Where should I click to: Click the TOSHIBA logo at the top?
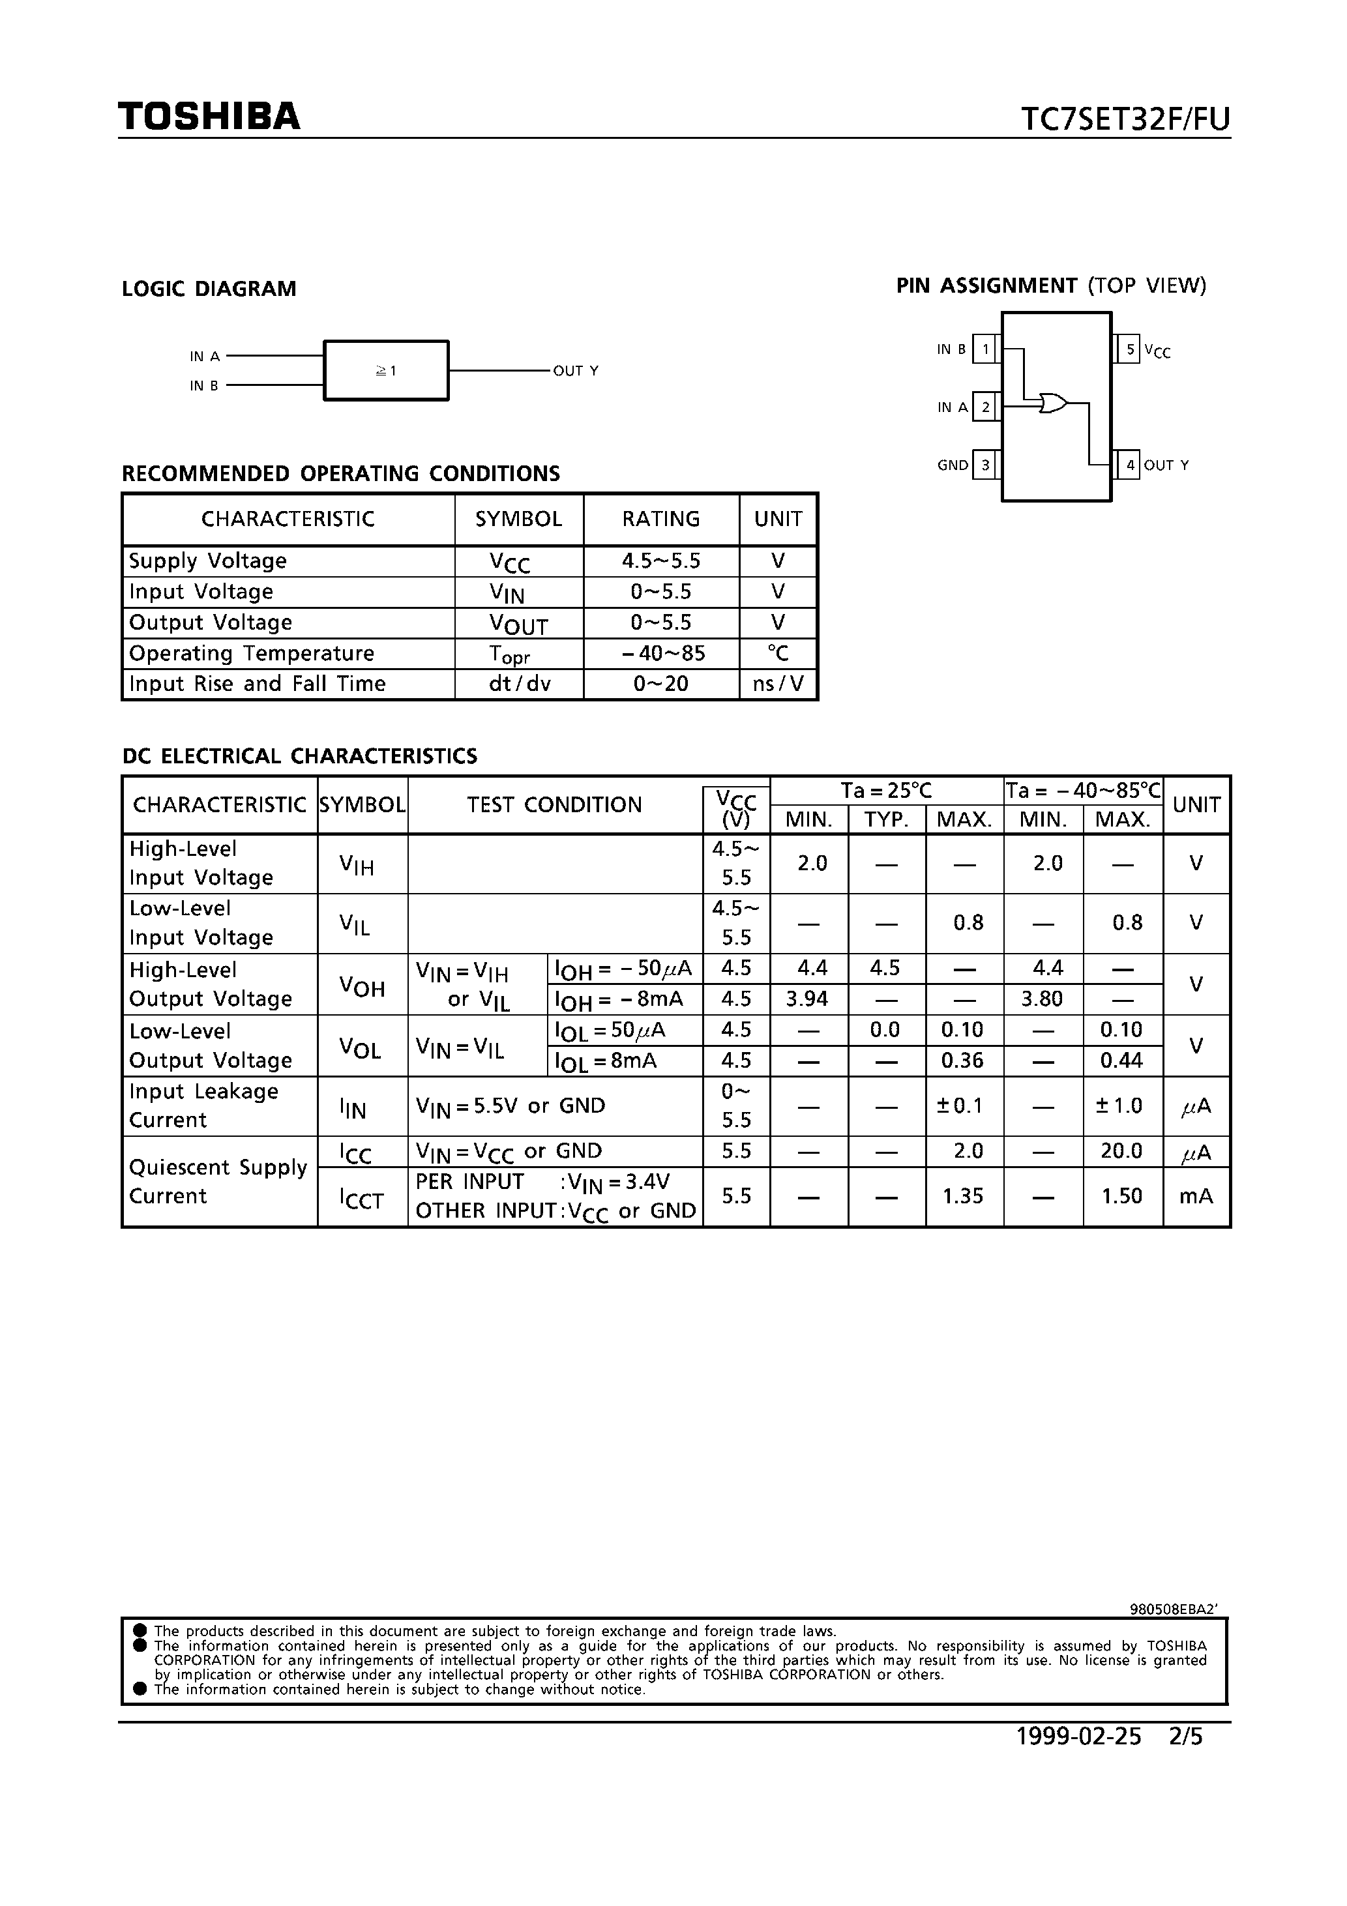click(209, 116)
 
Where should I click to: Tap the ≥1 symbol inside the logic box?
click(386, 371)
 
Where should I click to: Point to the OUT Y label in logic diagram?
click(576, 371)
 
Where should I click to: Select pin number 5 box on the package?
click(1129, 349)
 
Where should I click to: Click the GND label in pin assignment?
click(953, 465)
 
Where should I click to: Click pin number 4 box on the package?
click(1129, 465)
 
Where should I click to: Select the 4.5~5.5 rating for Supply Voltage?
click(661, 561)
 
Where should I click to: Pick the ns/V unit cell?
click(778, 684)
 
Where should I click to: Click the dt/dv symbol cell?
click(519, 684)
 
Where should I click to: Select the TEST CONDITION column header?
click(554, 804)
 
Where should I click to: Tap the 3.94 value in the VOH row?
click(807, 999)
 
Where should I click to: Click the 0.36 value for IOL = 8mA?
click(962, 1060)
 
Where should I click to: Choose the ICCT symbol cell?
click(362, 1198)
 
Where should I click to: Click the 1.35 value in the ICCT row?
click(962, 1196)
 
